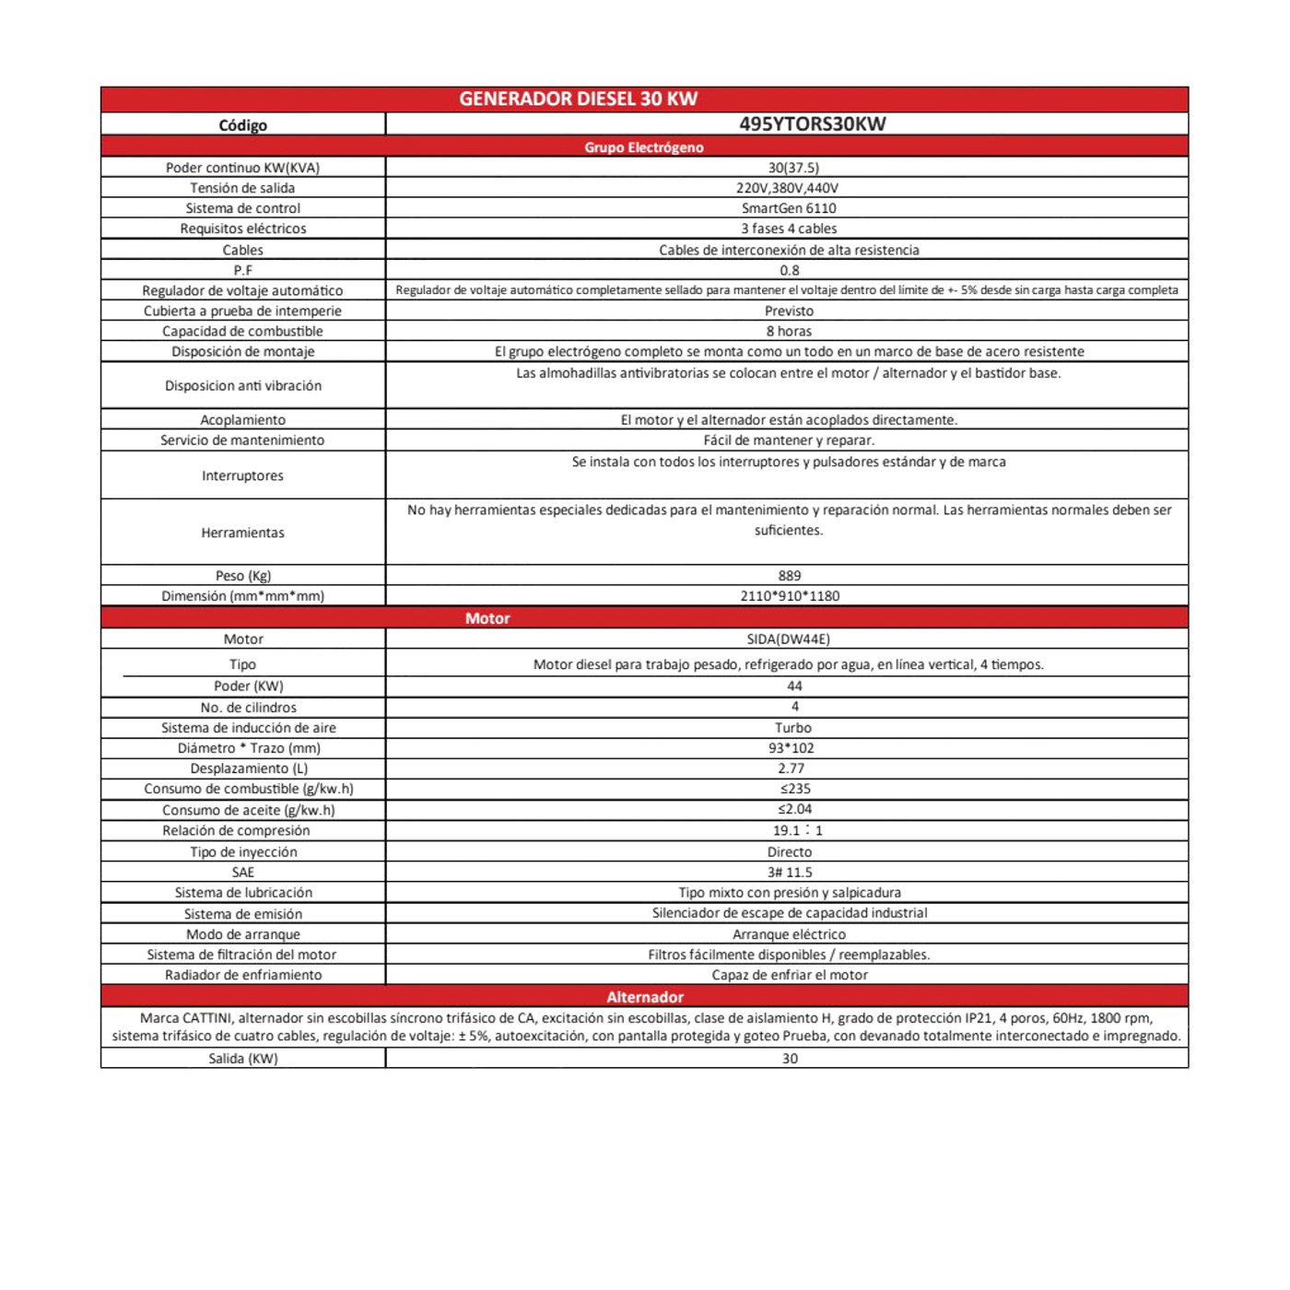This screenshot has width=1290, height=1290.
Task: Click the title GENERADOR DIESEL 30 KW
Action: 578,99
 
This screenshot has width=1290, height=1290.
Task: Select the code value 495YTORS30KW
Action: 812,123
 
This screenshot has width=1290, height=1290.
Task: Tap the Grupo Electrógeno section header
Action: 643,147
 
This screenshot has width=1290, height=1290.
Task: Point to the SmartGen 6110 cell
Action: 789,208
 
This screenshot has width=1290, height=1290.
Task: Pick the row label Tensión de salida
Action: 242,188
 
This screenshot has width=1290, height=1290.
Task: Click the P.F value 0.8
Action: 789,270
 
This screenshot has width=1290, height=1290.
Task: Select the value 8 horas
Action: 789,331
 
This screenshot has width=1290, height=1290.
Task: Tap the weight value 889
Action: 789,576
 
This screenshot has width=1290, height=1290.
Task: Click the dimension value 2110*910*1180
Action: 790,596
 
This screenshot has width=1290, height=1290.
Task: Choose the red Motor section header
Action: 487,618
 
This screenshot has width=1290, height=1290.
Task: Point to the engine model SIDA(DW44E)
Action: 788,639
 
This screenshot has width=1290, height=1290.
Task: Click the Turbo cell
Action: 792,728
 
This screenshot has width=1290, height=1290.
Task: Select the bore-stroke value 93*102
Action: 791,748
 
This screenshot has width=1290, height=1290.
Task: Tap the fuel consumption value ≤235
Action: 794,789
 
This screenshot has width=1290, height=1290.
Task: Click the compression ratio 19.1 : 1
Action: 797,830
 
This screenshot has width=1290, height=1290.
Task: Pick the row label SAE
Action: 243,873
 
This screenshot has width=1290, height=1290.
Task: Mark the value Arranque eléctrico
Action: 789,934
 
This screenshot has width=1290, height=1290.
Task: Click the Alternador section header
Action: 645,997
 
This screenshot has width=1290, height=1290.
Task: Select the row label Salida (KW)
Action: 243,1059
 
